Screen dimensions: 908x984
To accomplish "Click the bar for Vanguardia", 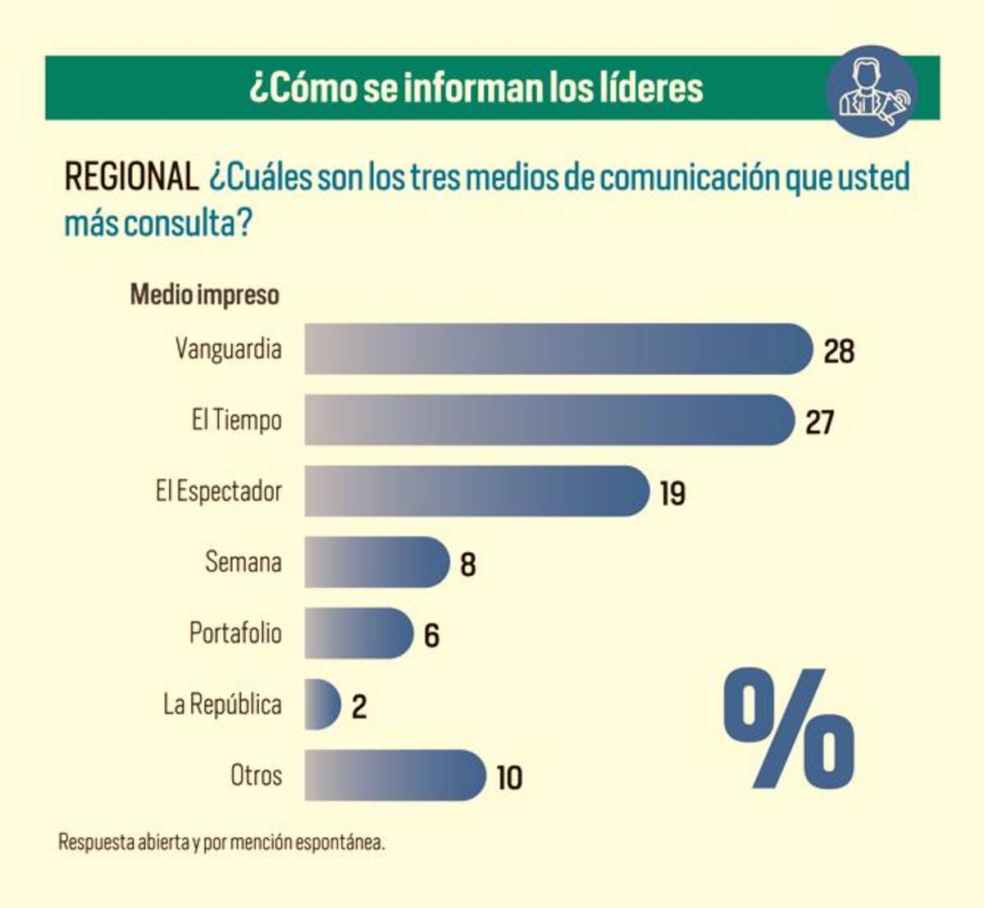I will [558, 349].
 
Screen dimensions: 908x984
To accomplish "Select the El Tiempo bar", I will [549, 420].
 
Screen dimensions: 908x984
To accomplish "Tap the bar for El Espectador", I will [476, 491].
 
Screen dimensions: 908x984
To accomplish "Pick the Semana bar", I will [376, 563].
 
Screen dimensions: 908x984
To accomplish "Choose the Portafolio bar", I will [358, 633].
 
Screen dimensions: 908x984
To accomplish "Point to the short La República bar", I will [322, 705].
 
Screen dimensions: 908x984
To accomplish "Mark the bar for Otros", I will [394, 775].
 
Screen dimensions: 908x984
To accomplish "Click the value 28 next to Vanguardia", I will [839, 352].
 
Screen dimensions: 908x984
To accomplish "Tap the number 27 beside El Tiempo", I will [819, 423].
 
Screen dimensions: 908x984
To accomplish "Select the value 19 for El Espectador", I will [672, 494].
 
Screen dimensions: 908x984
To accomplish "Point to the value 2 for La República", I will [359, 707].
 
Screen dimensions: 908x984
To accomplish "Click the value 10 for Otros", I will [509, 778].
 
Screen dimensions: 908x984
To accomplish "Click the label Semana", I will [244, 563].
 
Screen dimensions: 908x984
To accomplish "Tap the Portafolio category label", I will [235, 633].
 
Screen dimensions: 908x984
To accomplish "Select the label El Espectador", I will [219, 491].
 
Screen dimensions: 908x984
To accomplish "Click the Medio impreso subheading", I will [205, 294].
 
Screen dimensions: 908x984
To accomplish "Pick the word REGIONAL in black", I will [131, 177].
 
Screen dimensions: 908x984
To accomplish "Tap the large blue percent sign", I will [789, 728].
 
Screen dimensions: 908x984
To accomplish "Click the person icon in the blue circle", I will [871, 91].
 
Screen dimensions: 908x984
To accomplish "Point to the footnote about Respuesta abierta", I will [221, 842].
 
